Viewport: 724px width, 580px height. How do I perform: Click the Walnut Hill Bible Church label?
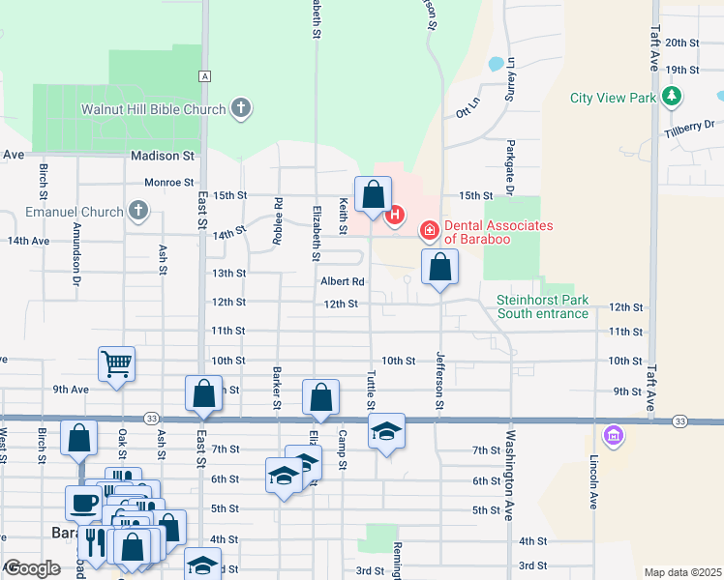pos(153,109)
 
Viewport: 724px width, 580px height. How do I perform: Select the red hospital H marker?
pos(394,215)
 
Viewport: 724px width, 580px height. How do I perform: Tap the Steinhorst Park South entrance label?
pos(542,306)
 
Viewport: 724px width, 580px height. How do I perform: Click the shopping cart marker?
pos(116,364)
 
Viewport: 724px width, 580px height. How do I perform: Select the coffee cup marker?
pos(81,503)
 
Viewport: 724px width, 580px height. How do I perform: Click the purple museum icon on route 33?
pos(612,436)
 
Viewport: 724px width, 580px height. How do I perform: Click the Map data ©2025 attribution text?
pos(682,572)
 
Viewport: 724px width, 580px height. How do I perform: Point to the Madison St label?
pos(163,155)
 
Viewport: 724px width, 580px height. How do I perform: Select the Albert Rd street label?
pos(343,282)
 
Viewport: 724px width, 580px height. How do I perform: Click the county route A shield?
pos(204,75)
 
